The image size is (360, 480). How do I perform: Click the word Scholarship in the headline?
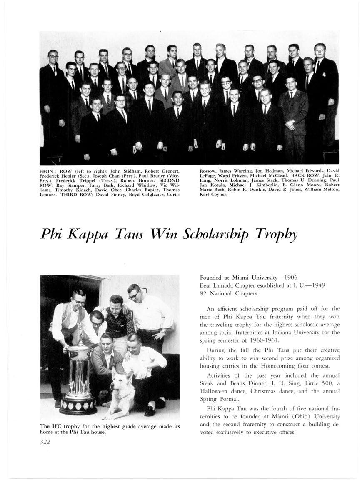pos(219,236)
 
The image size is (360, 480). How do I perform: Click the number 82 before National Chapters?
pos(203,293)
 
